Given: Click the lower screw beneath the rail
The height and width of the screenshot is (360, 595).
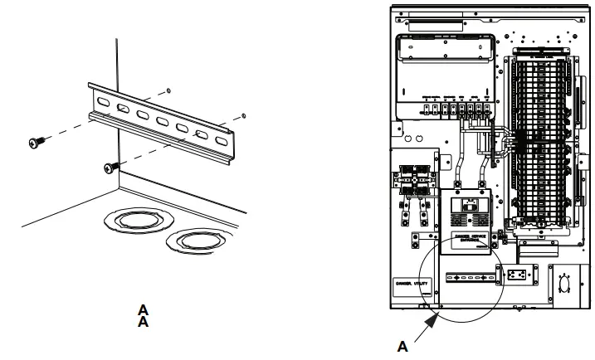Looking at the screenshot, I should pyautogui.click(x=109, y=168).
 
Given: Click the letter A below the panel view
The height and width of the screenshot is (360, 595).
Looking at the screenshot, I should pyautogui.click(x=402, y=348).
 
